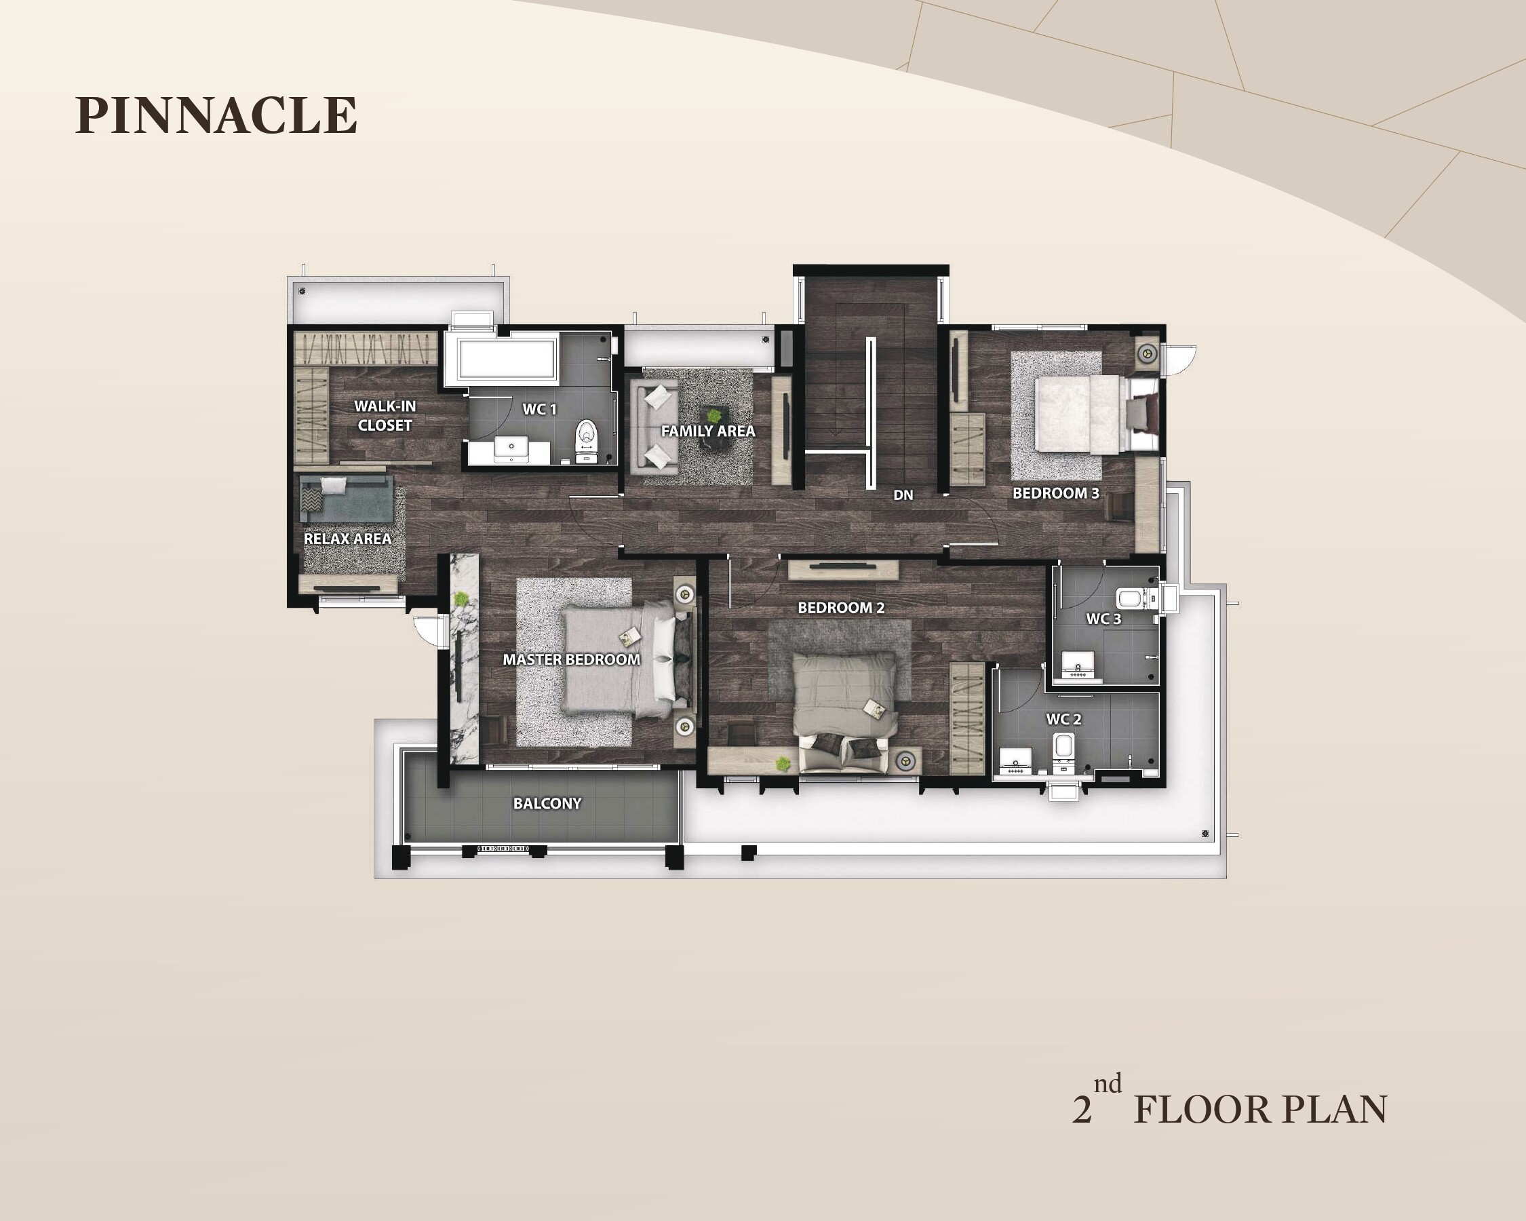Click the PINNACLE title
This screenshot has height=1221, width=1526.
tap(216, 115)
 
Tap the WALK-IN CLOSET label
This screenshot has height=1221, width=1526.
tap(385, 416)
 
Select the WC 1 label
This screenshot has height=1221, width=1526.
tap(539, 409)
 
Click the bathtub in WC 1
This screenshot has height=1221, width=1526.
tap(507, 359)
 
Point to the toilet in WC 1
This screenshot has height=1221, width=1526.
tap(586, 442)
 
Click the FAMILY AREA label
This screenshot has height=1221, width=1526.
tap(708, 431)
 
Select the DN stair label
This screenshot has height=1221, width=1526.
tap(903, 495)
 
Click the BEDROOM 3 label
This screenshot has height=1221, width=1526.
tap(1056, 492)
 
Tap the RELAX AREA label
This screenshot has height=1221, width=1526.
tap(347, 539)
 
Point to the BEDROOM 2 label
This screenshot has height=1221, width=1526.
tap(841, 607)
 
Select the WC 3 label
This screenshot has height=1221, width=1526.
tap(1103, 619)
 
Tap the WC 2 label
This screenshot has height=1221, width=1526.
tap(1064, 719)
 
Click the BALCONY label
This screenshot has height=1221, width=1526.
tap(547, 803)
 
